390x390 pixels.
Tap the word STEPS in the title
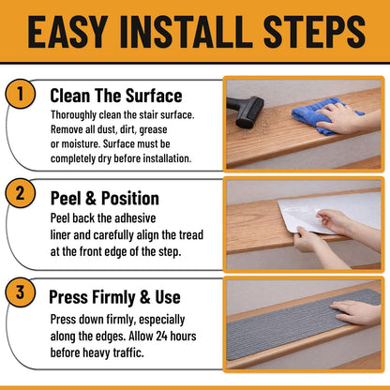(314, 32)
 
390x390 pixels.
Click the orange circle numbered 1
(21, 94)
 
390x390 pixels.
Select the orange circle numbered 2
(21, 193)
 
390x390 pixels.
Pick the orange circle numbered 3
(21, 292)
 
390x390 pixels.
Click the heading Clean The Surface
(116, 96)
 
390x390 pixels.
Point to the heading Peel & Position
(105, 198)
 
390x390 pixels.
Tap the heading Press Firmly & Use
(114, 297)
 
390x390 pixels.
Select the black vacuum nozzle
(246, 112)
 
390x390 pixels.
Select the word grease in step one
(153, 129)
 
